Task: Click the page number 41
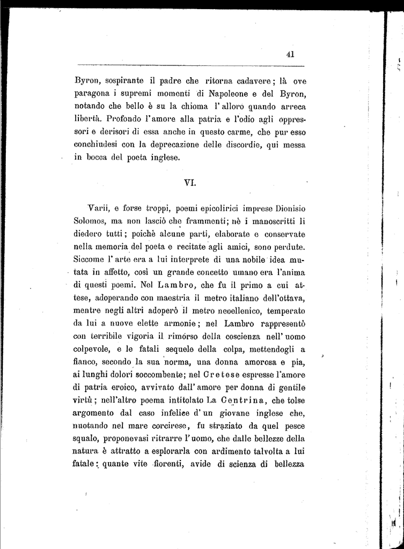pos(291,54)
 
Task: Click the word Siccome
pos(91,259)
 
